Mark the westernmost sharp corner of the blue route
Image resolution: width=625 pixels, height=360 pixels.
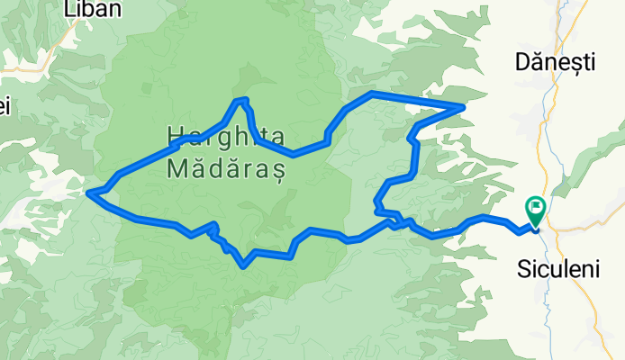point(89,191)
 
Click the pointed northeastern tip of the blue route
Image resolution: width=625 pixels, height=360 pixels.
point(463,107)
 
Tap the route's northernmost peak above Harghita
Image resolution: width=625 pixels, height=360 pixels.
point(240,100)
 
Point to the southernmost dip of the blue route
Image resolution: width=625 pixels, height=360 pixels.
point(244,266)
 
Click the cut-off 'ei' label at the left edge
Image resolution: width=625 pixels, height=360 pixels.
point(4,106)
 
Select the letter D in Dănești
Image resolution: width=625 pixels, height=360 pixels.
point(521,62)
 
